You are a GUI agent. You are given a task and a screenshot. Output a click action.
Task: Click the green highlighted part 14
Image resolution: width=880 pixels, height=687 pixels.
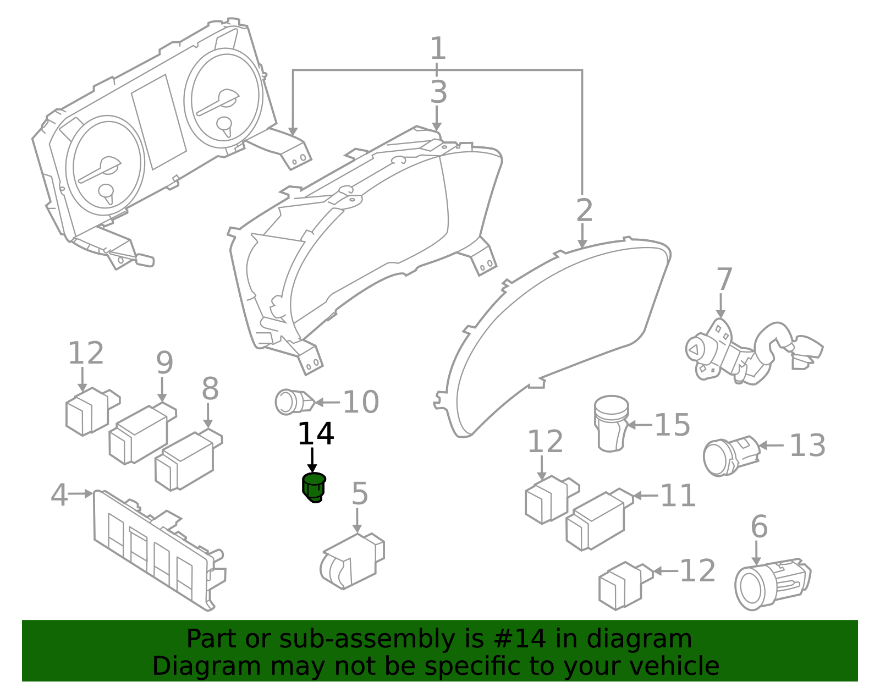coord(314,487)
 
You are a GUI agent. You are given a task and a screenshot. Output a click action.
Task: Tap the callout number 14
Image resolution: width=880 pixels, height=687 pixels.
coord(315,435)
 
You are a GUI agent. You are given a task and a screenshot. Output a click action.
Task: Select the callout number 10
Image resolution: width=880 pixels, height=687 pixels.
coord(361,403)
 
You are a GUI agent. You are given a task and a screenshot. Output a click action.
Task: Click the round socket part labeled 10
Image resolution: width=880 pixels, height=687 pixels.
coord(291,402)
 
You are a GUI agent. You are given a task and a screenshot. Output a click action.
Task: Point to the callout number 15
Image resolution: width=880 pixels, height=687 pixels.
coord(672,425)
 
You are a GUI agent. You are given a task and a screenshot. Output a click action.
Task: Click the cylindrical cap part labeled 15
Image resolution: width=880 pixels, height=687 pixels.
coord(611,424)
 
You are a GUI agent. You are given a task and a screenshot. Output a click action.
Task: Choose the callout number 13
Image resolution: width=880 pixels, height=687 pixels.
coord(807,446)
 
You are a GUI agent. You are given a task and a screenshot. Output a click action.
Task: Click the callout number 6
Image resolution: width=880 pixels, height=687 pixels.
coord(759,527)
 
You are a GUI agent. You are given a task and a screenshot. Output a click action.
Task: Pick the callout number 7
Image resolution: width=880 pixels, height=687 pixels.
coord(724,279)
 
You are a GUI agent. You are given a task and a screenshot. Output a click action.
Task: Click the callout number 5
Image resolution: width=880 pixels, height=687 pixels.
coord(360,494)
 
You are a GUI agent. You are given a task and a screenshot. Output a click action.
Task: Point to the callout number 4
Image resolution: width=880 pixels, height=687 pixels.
coord(59,495)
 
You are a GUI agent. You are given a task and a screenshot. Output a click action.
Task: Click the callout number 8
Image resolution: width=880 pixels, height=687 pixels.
coord(210,389)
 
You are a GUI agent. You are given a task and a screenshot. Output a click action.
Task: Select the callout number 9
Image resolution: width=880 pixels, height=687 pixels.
coord(164,363)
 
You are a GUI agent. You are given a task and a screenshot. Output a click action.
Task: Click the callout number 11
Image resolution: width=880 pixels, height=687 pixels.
coord(678,496)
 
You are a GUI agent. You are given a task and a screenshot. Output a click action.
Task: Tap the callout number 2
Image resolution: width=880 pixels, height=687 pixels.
coord(584,211)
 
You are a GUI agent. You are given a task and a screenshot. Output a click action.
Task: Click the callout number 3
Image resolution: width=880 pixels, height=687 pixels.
coord(438,92)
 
